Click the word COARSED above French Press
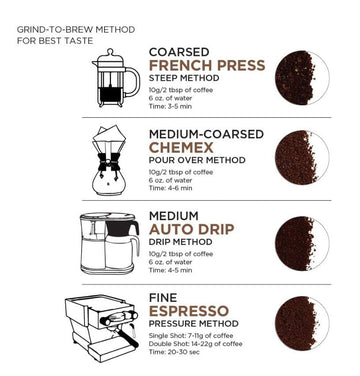(x=179, y=50)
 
